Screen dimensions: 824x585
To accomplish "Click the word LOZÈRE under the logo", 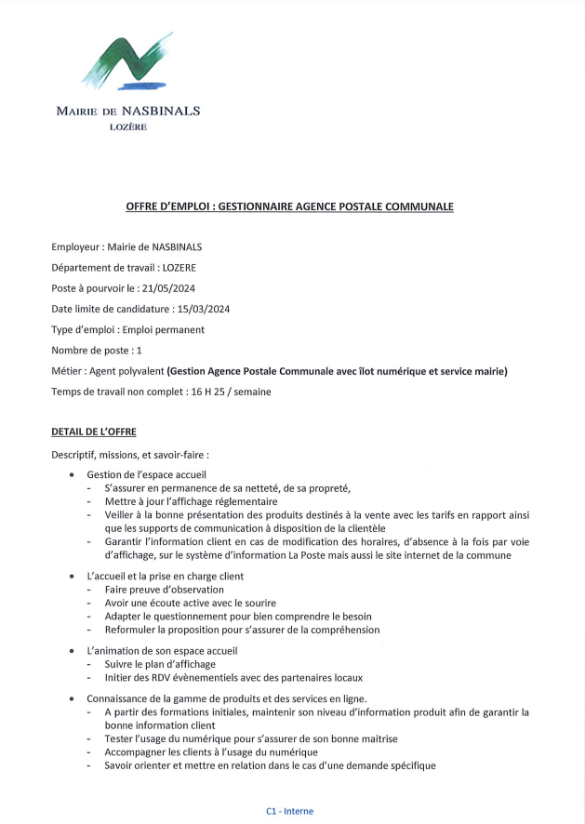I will (x=127, y=126).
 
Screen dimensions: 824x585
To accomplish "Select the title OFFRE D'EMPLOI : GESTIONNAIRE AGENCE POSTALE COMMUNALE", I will (x=290, y=206).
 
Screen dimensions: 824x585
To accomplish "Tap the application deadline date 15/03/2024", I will (x=201, y=309).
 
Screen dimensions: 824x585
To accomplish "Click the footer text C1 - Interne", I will (x=290, y=811).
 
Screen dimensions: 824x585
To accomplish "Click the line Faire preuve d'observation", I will (x=165, y=590).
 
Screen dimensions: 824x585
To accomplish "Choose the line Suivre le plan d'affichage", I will (x=160, y=664).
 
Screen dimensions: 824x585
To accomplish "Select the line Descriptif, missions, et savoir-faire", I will (x=130, y=455).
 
